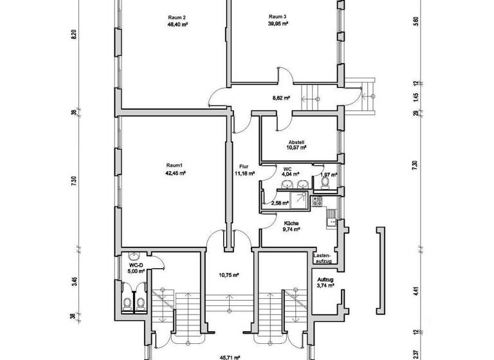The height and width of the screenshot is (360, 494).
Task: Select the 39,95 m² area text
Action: [278, 23]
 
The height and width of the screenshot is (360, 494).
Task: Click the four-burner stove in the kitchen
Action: [316, 201]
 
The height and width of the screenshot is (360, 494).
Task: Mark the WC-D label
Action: [136, 264]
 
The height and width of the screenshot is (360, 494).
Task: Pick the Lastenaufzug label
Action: [322, 258]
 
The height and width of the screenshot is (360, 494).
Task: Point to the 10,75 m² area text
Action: [229, 274]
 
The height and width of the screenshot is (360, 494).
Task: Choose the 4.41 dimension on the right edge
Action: [416, 291]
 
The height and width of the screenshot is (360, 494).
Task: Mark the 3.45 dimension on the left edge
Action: [75, 281]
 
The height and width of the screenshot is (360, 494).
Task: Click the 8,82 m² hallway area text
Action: [281, 98]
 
